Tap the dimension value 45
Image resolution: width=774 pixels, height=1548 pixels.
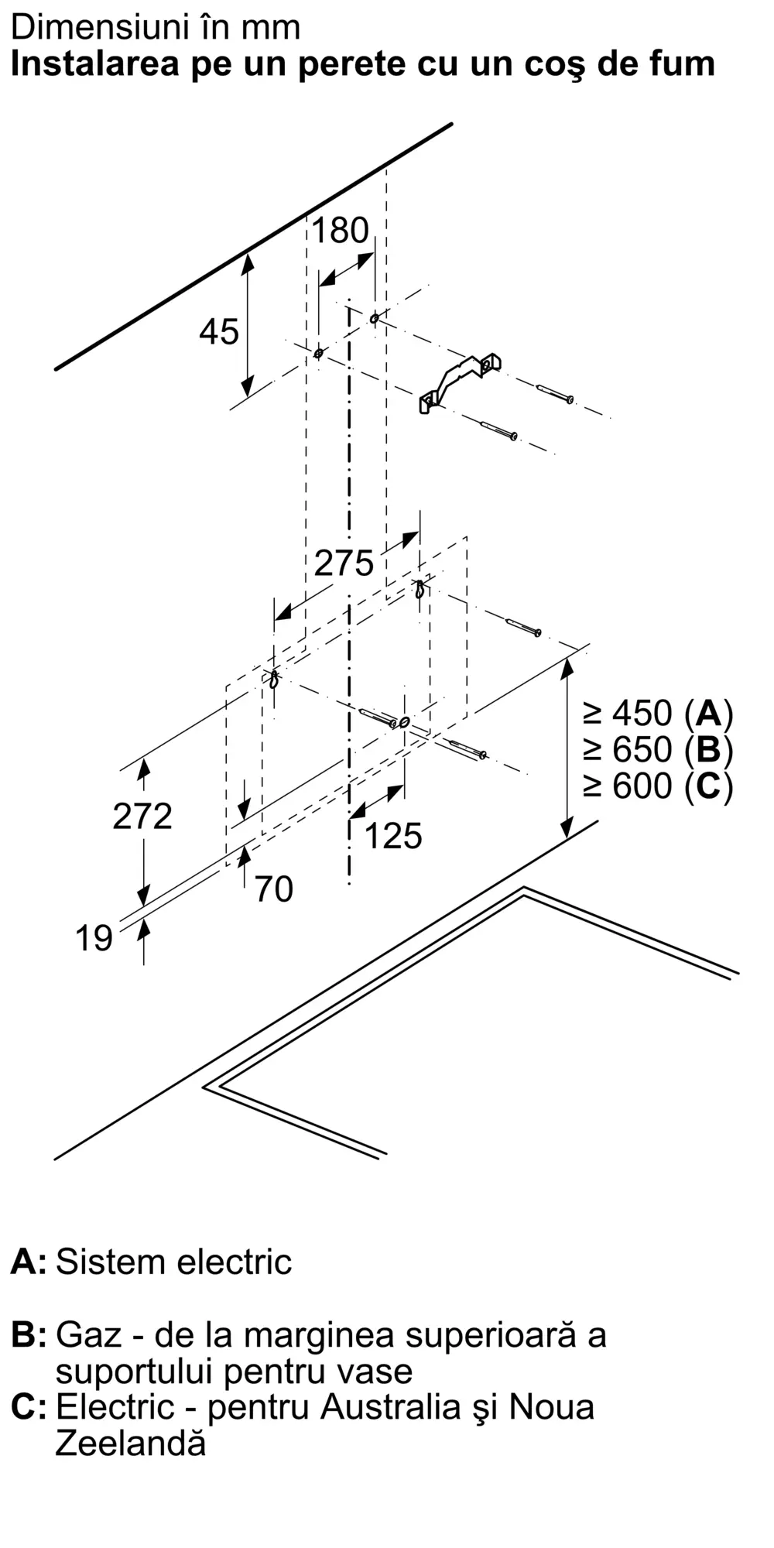219,332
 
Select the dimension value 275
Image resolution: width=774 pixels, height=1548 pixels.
344,563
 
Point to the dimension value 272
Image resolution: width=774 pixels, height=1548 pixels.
142,817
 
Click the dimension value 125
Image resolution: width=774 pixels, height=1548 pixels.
393,836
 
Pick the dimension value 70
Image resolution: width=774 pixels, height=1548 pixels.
274,889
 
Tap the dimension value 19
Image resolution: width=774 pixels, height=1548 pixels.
94,939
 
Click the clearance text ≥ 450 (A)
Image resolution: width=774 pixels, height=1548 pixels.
658,713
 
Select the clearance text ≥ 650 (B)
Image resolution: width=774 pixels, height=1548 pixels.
658,749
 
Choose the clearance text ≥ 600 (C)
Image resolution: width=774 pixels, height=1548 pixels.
658,786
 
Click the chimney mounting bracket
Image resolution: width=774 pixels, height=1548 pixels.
460,381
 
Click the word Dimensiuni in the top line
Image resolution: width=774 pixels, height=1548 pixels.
90,28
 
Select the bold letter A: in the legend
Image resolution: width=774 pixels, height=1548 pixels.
29,1262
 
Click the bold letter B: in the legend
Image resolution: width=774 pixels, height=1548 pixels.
29,1335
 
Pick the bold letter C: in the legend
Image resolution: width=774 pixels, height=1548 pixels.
29,1407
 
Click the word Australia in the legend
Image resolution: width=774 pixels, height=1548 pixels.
392,1407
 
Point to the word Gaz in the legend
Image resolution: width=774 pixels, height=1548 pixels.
80,1335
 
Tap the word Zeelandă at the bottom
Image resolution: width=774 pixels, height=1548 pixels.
131,1444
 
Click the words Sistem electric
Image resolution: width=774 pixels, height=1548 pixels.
174,1262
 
